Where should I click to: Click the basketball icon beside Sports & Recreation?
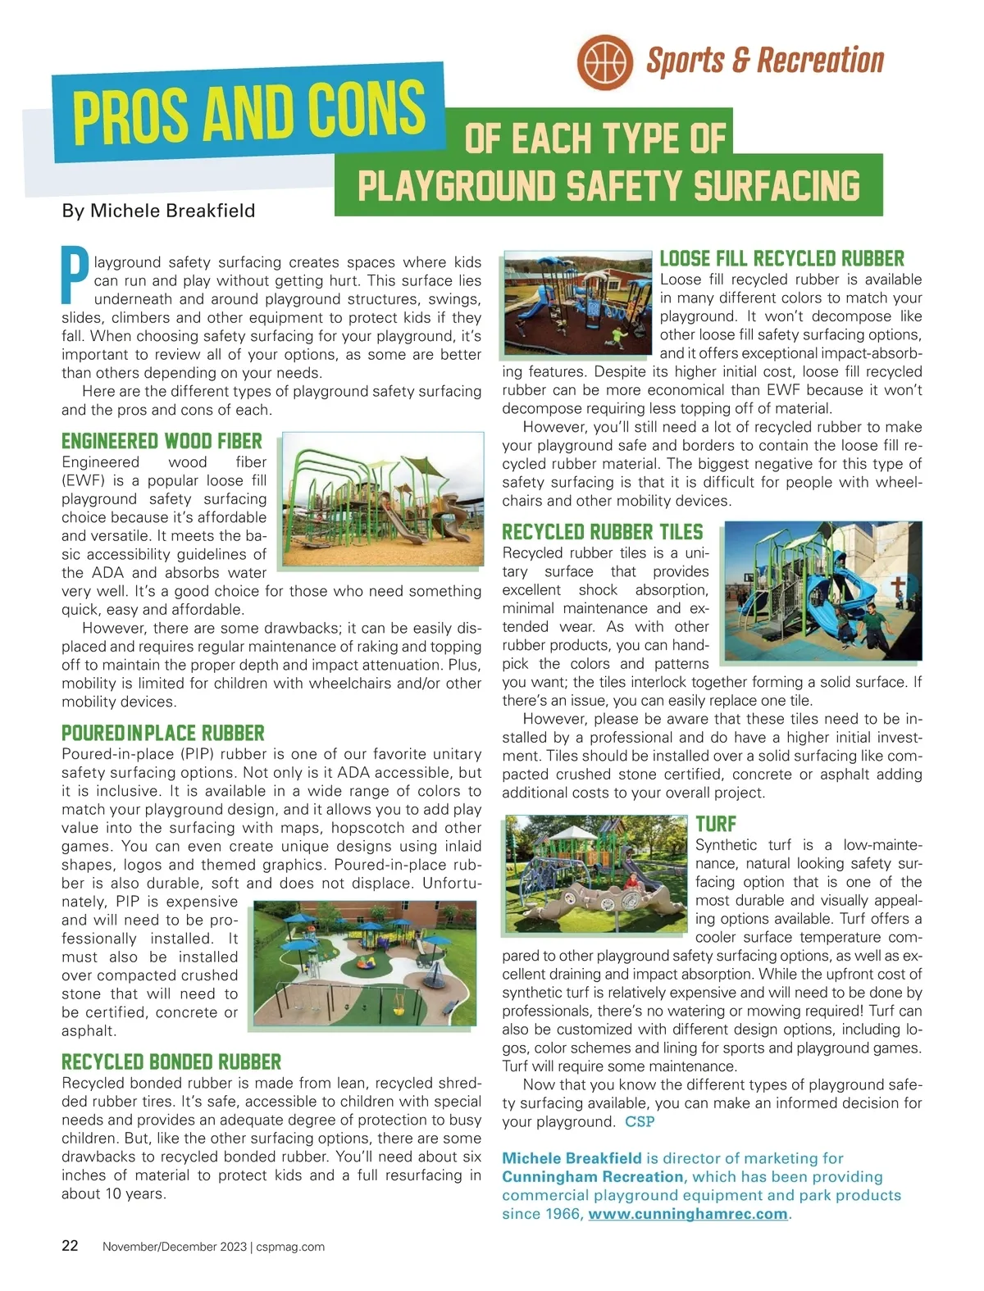[604, 61]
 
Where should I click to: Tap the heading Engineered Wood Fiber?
[162, 441]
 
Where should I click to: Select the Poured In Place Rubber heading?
[162, 733]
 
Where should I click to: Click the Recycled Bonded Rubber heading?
[171, 1061]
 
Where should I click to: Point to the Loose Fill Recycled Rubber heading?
[781, 258]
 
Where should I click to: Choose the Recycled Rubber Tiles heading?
[603, 532]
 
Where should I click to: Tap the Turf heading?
[716, 824]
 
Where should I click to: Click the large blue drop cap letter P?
[75, 275]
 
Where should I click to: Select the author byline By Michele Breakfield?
[158, 211]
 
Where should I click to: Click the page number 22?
[71, 1246]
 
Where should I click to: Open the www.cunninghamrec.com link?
[687, 1214]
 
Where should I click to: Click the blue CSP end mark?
[640, 1121]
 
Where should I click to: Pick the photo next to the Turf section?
[595, 874]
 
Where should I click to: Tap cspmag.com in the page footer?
[290, 1247]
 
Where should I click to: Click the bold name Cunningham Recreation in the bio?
[593, 1177]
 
